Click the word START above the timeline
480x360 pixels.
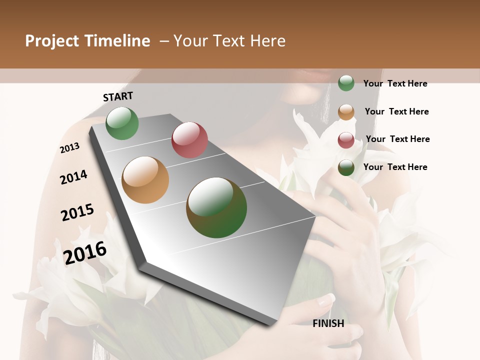(118, 96)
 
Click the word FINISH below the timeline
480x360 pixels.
(328, 323)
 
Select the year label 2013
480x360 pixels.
(70, 148)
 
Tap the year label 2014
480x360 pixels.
(73, 177)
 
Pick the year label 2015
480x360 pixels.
(77, 212)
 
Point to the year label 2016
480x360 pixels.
(85, 252)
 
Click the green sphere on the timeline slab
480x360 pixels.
(122, 123)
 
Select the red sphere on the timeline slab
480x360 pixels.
(189, 140)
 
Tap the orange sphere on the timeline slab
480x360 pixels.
(145, 180)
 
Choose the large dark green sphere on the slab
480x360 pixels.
(216, 207)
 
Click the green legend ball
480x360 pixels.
(346, 83)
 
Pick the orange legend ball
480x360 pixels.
(346, 112)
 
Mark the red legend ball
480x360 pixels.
(346, 140)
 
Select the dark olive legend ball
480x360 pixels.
(346, 168)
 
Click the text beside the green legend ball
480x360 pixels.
(395, 83)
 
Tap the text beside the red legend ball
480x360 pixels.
(397, 139)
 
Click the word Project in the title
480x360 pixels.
(51, 41)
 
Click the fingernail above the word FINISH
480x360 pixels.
(326, 299)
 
